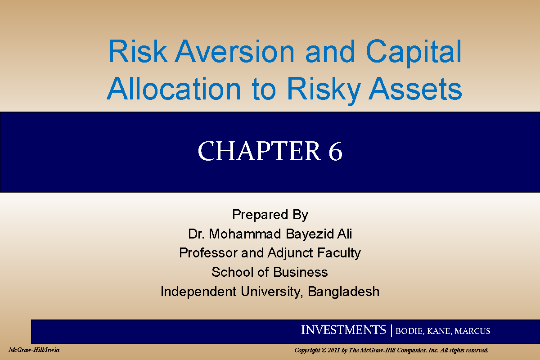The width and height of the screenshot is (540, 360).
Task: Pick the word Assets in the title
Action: pos(416,89)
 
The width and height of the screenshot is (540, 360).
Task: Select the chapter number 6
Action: pos(335,152)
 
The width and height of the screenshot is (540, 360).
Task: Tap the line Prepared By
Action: pos(270,215)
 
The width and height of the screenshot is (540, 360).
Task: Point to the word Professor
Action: pos(208,253)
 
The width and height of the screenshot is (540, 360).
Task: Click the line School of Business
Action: pos(270,272)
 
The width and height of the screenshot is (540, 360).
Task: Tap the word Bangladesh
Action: pos(343,292)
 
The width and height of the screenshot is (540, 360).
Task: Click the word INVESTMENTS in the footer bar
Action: pos(343,330)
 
